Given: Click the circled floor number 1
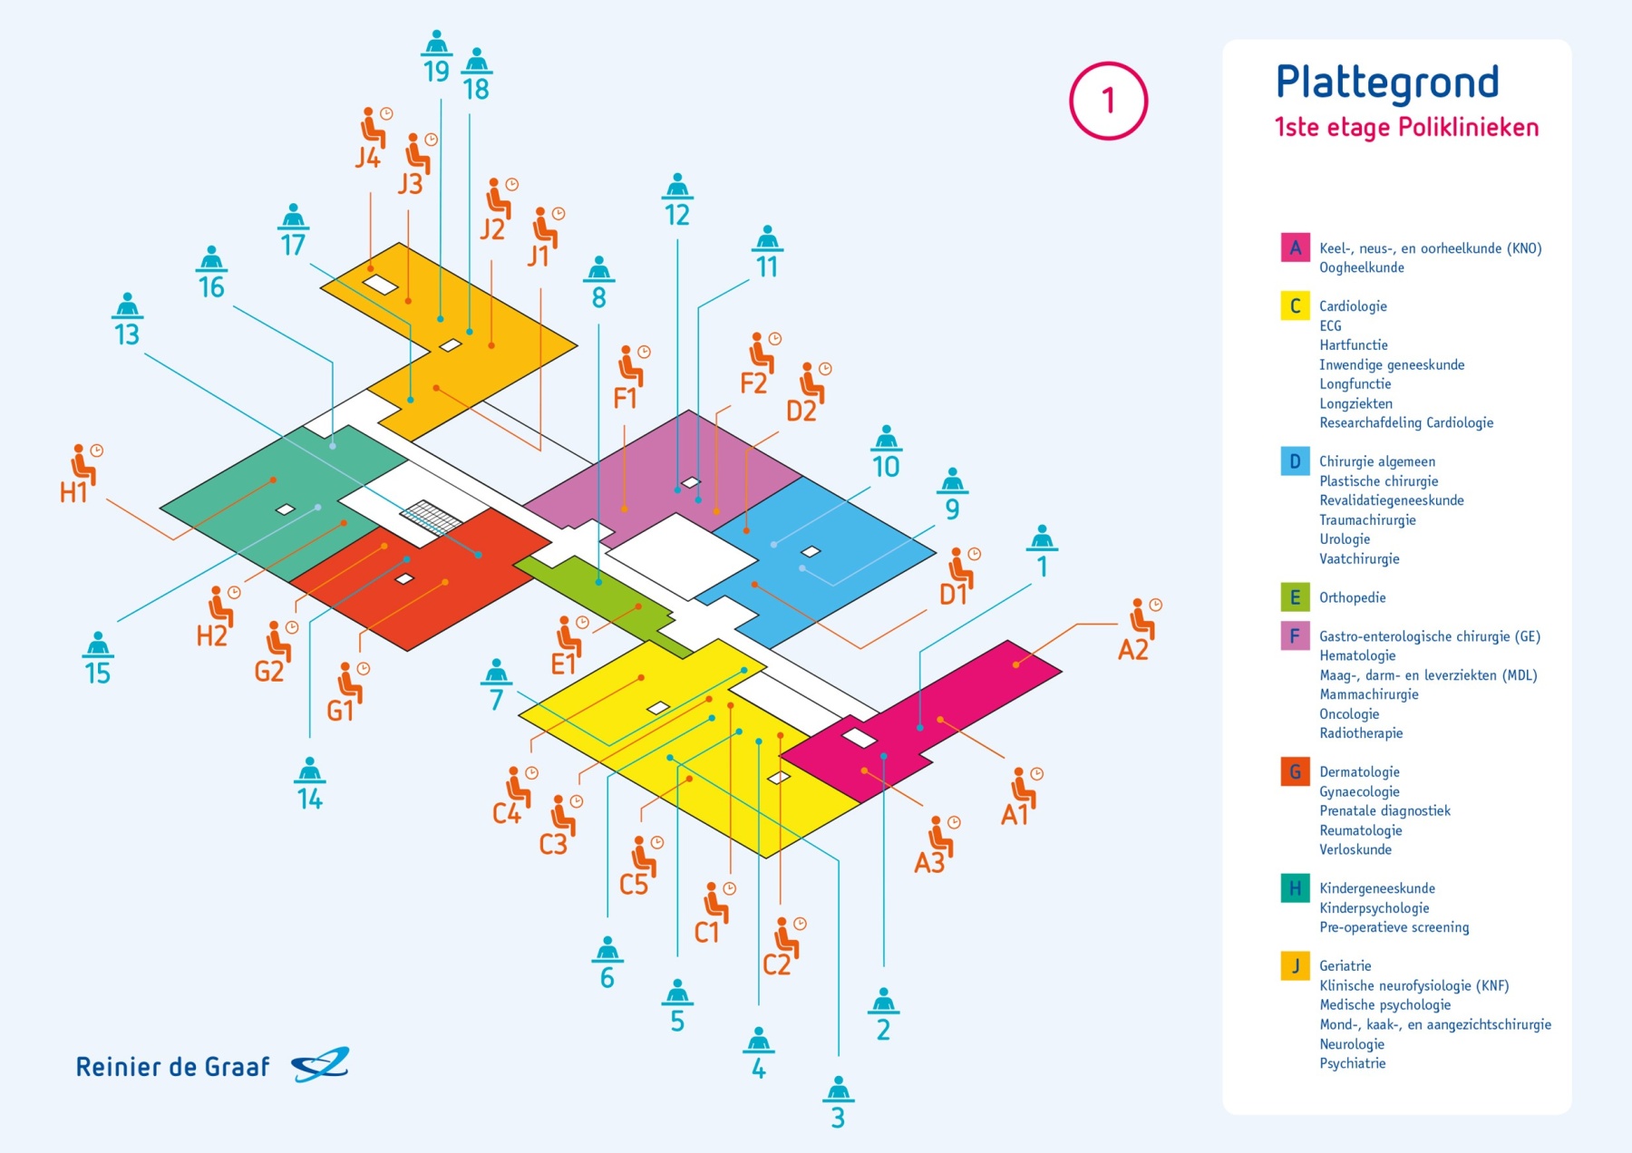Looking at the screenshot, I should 1108,101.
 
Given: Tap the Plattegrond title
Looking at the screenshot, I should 1387,83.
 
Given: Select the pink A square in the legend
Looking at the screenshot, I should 1295,247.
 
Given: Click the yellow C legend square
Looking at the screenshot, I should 1295,305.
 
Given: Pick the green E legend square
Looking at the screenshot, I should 1295,597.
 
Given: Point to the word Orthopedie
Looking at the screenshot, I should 1352,597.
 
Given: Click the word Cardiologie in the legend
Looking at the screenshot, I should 1353,306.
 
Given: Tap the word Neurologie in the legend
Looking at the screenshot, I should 1352,1044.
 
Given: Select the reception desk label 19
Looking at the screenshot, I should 436,71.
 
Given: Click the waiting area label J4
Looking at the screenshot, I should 367,158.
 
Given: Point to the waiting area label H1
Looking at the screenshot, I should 73,492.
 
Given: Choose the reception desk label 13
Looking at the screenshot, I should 127,334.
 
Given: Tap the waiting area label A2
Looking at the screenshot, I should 1133,649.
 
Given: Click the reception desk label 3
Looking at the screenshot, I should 838,1118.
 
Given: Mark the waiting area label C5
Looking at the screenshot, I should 634,884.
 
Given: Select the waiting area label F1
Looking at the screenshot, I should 625,398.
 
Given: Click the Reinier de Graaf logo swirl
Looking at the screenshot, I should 320,1065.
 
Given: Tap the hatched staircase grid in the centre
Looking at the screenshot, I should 432,518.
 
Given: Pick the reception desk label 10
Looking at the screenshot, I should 886,467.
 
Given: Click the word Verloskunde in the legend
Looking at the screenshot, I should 1355,849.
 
